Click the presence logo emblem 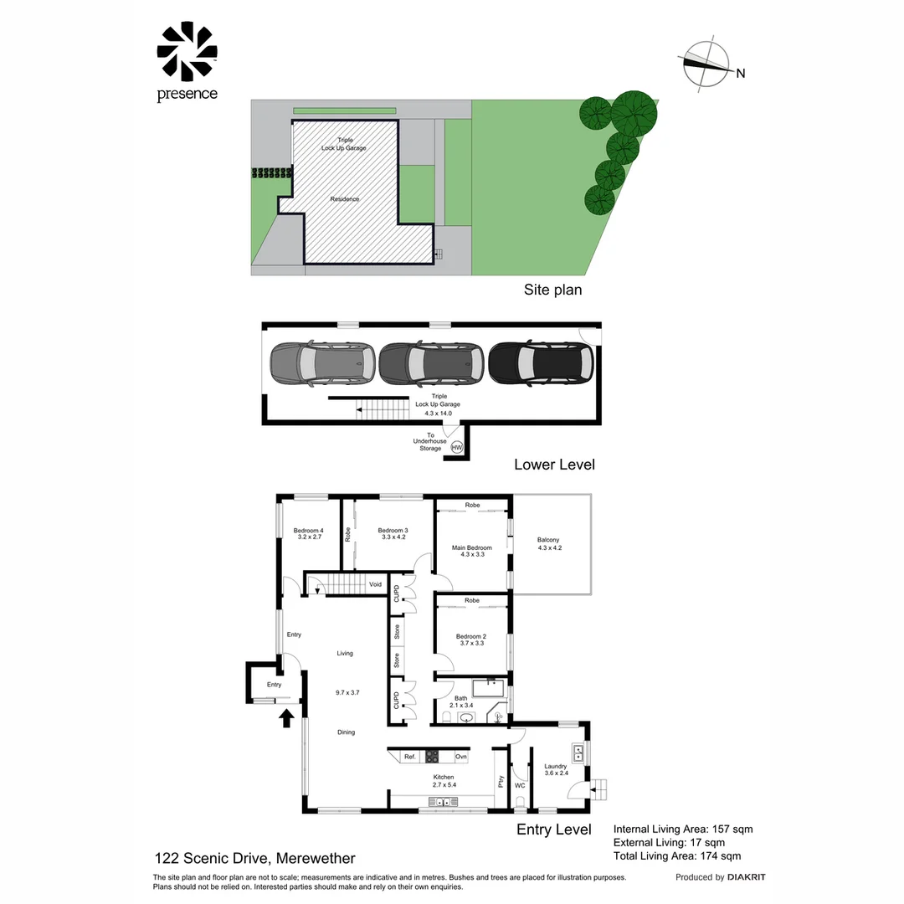tap(187, 52)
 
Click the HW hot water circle tap(457, 448)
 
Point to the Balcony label tap(548, 540)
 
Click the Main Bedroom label tap(472, 548)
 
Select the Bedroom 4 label tap(308, 531)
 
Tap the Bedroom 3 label tap(393, 531)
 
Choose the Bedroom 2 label tap(471, 636)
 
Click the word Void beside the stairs tap(375, 584)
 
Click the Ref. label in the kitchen tap(410, 757)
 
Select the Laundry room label tap(556, 766)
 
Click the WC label tap(520, 785)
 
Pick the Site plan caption tap(552, 290)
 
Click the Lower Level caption tap(554, 464)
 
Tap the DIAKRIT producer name tap(747, 877)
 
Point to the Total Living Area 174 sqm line tap(677, 855)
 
